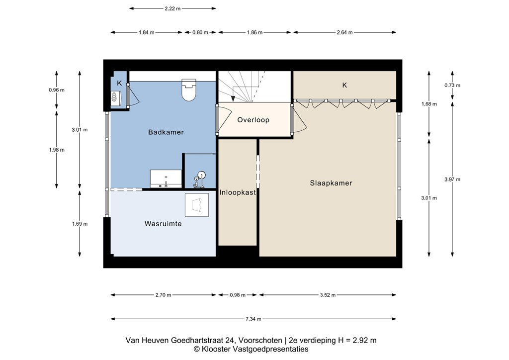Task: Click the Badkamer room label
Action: tap(166, 132)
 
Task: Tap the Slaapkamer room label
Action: tap(331, 183)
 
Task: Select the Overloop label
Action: tap(253, 120)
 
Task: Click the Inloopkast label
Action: tap(238, 192)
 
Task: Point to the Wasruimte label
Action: tap(163, 224)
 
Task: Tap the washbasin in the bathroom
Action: tap(166, 178)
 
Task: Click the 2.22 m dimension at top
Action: tap(172, 8)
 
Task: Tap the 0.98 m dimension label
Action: tap(238, 295)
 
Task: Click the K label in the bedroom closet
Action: tap(344, 85)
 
